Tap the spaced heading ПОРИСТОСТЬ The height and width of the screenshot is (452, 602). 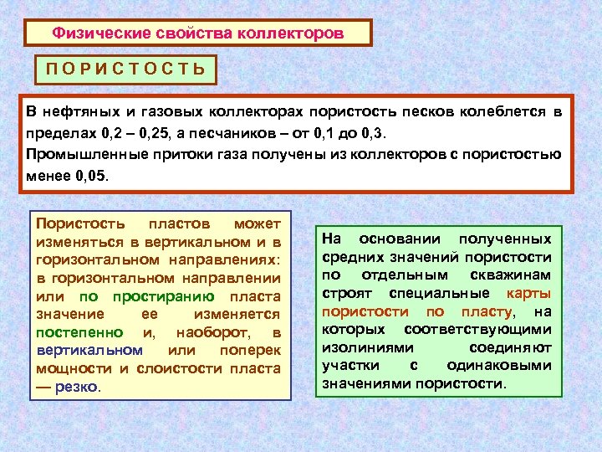[125, 69]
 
